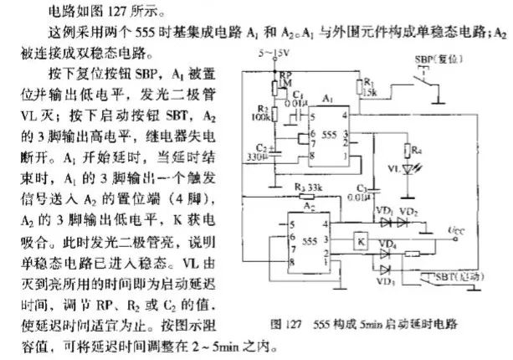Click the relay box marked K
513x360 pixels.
tap(361, 241)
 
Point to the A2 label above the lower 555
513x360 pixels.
tap(285, 206)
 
